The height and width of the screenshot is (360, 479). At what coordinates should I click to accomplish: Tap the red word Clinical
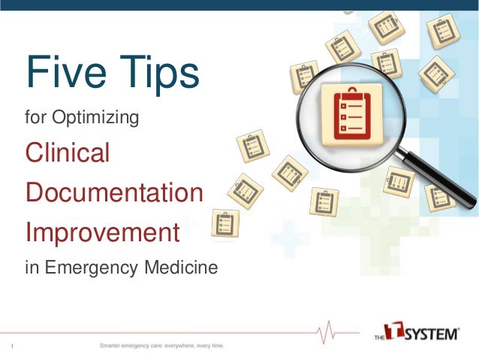click(x=68, y=153)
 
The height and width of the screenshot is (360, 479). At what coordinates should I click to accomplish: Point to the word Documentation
click(x=114, y=192)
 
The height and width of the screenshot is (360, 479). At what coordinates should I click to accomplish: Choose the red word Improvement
click(x=102, y=232)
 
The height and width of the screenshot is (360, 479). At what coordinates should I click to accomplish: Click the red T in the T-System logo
click(x=396, y=332)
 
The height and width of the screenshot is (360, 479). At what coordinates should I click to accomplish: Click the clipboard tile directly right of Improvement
click(x=225, y=223)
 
